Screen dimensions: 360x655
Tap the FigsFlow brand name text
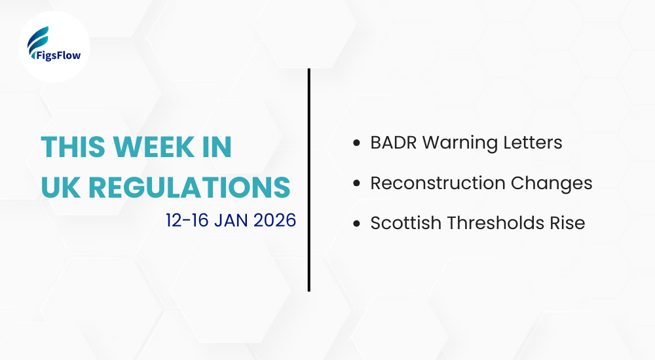tap(54, 56)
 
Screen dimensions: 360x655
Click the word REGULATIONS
tap(189, 187)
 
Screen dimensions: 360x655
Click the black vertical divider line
tap(309, 180)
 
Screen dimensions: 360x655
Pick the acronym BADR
tap(393, 142)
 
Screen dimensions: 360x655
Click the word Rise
tap(568, 223)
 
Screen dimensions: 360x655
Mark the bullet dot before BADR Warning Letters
tap(356, 143)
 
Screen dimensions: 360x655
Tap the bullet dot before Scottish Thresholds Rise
tap(356, 224)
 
